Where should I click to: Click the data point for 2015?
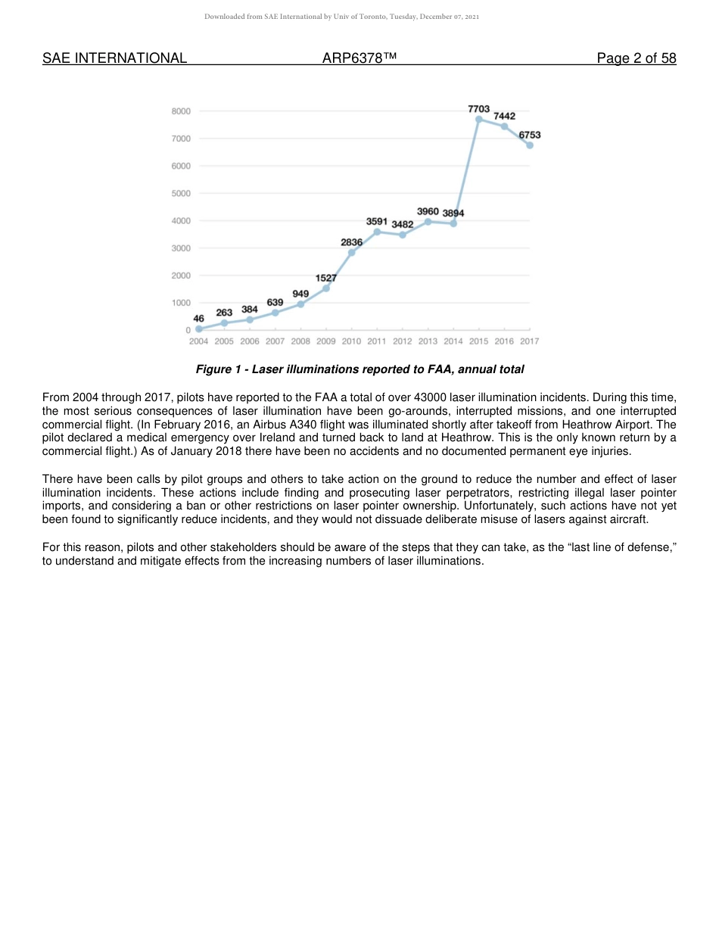(x=478, y=119)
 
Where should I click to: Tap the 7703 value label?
(x=478, y=109)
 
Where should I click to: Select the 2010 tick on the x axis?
(x=351, y=341)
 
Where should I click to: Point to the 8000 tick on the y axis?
(x=181, y=111)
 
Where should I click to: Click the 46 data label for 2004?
(x=198, y=319)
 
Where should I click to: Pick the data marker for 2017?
(x=530, y=145)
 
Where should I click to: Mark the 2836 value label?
(x=351, y=242)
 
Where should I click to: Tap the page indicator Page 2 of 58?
(x=636, y=58)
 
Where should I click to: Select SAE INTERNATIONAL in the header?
(x=114, y=58)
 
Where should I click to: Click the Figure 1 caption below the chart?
(x=359, y=369)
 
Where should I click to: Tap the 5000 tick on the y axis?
(x=181, y=193)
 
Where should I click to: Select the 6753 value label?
(x=530, y=135)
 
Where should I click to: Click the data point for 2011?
(x=377, y=232)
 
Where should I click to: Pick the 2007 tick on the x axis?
(x=275, y=341)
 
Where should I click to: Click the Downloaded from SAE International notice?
(x=341, y=16)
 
